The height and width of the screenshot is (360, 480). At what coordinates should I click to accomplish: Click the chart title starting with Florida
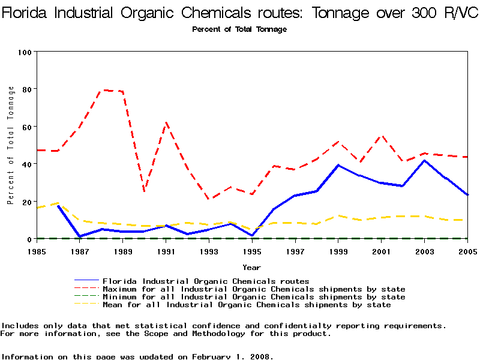click(240, 14)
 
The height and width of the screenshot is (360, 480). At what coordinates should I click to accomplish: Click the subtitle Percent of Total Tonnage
click(239, 29)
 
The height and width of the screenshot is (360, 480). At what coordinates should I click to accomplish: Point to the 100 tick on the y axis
click(24, 52)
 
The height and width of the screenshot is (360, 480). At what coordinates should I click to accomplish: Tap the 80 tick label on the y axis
click(26, 89)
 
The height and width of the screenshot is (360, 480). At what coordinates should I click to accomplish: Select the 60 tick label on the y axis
click(26, 127)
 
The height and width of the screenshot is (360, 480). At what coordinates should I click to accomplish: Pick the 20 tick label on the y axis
click(26, 202)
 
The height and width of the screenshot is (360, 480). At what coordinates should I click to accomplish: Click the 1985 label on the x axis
click(37, 251)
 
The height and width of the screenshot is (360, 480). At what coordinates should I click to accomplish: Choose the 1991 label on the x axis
click(166, 251)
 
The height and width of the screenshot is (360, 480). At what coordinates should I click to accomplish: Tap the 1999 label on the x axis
click(338, 251)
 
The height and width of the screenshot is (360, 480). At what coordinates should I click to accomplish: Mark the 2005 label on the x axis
click(467, 251)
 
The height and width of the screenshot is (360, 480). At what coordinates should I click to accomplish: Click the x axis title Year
click(251, 267)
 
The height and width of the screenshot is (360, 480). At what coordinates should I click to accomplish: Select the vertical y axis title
click(11, 145)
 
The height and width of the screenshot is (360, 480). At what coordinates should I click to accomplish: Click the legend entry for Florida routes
click(206, 281)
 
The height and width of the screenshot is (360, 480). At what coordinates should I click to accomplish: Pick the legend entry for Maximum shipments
click(254, 289)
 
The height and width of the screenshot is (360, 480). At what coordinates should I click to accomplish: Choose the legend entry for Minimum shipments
click(254, 297)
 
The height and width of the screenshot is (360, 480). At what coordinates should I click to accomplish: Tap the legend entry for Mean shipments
click(247, 305)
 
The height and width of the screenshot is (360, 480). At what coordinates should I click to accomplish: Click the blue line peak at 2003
click(424, 160)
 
